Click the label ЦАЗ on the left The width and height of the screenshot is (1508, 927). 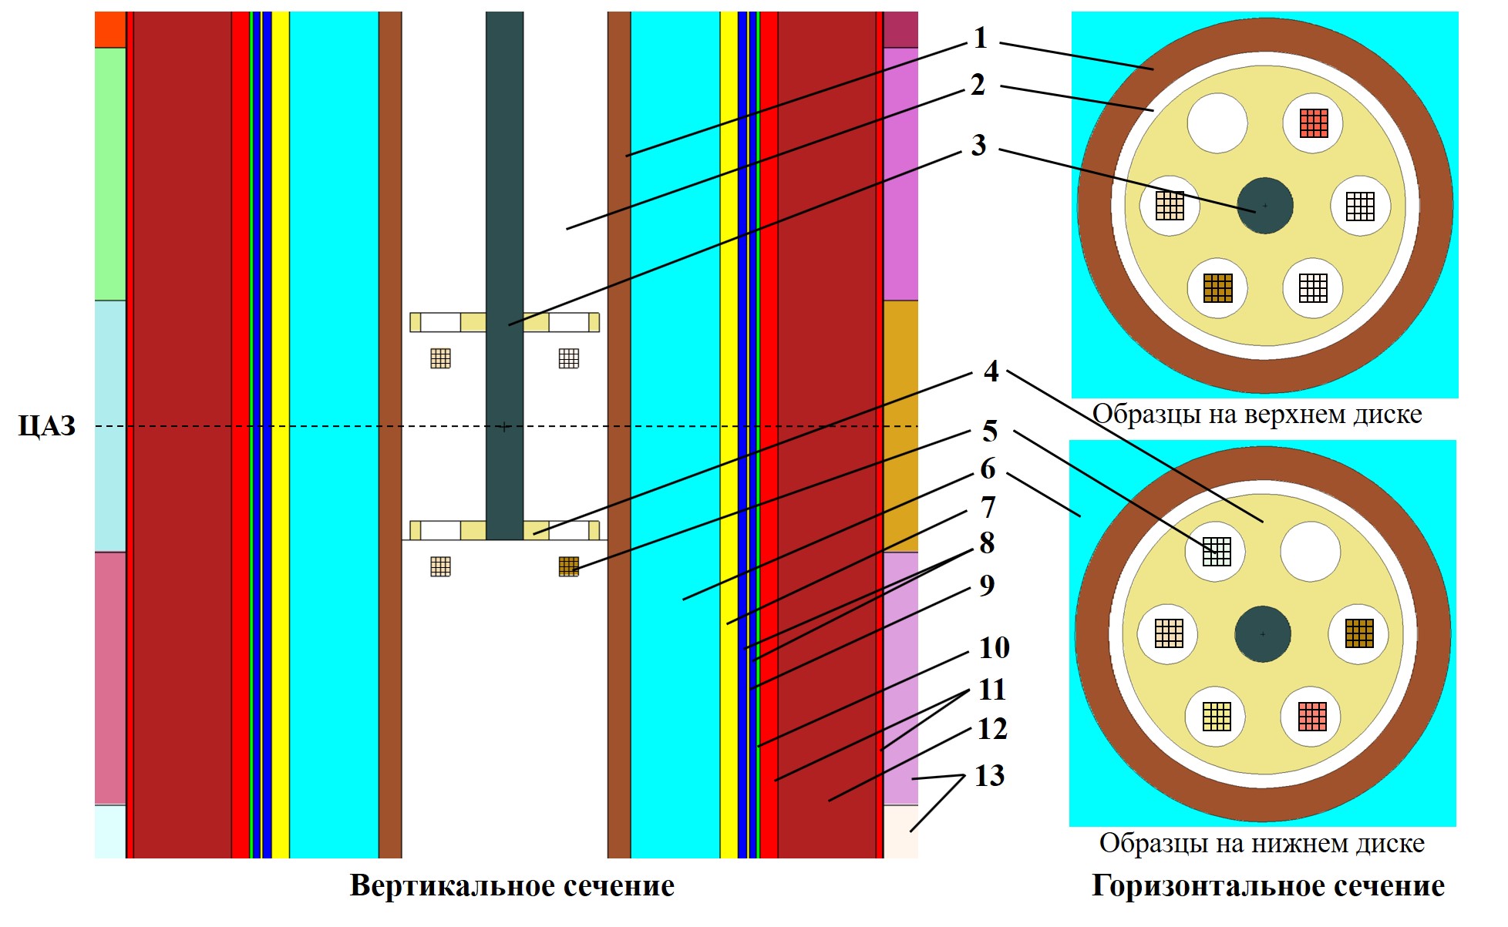point(47,425)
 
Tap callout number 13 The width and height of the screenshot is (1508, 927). point(989,775)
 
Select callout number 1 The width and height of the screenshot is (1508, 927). point(980,38)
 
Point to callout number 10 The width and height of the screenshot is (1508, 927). point(994,647)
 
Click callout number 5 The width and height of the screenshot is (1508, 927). point(990,431)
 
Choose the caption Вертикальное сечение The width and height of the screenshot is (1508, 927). point(512,885)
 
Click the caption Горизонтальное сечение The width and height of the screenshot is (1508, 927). point(1267,886)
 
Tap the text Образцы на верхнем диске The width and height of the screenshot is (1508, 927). point(1257,414)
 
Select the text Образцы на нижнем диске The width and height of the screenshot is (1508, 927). point(1261,842)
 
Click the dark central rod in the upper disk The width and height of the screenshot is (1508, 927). point(1265,206)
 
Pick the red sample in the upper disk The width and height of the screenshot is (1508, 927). point(1314,123)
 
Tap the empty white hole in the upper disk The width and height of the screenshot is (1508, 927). point(1217,123)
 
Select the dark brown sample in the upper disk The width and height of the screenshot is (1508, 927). point(1218,288)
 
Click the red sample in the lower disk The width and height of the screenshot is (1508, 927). point(1312,717)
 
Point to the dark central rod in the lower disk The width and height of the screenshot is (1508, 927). point(1263,634)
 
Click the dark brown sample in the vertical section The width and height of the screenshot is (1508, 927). point(569,567)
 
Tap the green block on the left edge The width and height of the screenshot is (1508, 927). point(110,174)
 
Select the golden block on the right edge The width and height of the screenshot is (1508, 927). point(900,426)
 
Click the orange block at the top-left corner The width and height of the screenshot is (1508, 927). point(110,29)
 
